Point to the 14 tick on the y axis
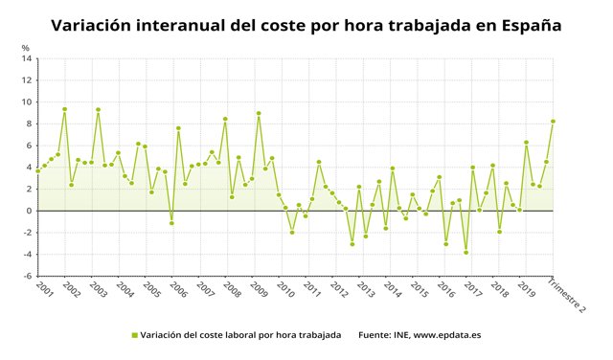point(28,58)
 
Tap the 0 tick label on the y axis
point(30,211)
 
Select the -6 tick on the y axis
point(28,276)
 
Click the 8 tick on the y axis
point(30,124)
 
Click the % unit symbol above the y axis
point(26,47)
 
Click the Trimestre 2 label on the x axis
point(565,294)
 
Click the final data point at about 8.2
point(553,122)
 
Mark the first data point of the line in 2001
point(37,170)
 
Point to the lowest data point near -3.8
point(465,252)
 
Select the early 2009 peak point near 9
point(259,113)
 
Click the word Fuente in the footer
point(375,335)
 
